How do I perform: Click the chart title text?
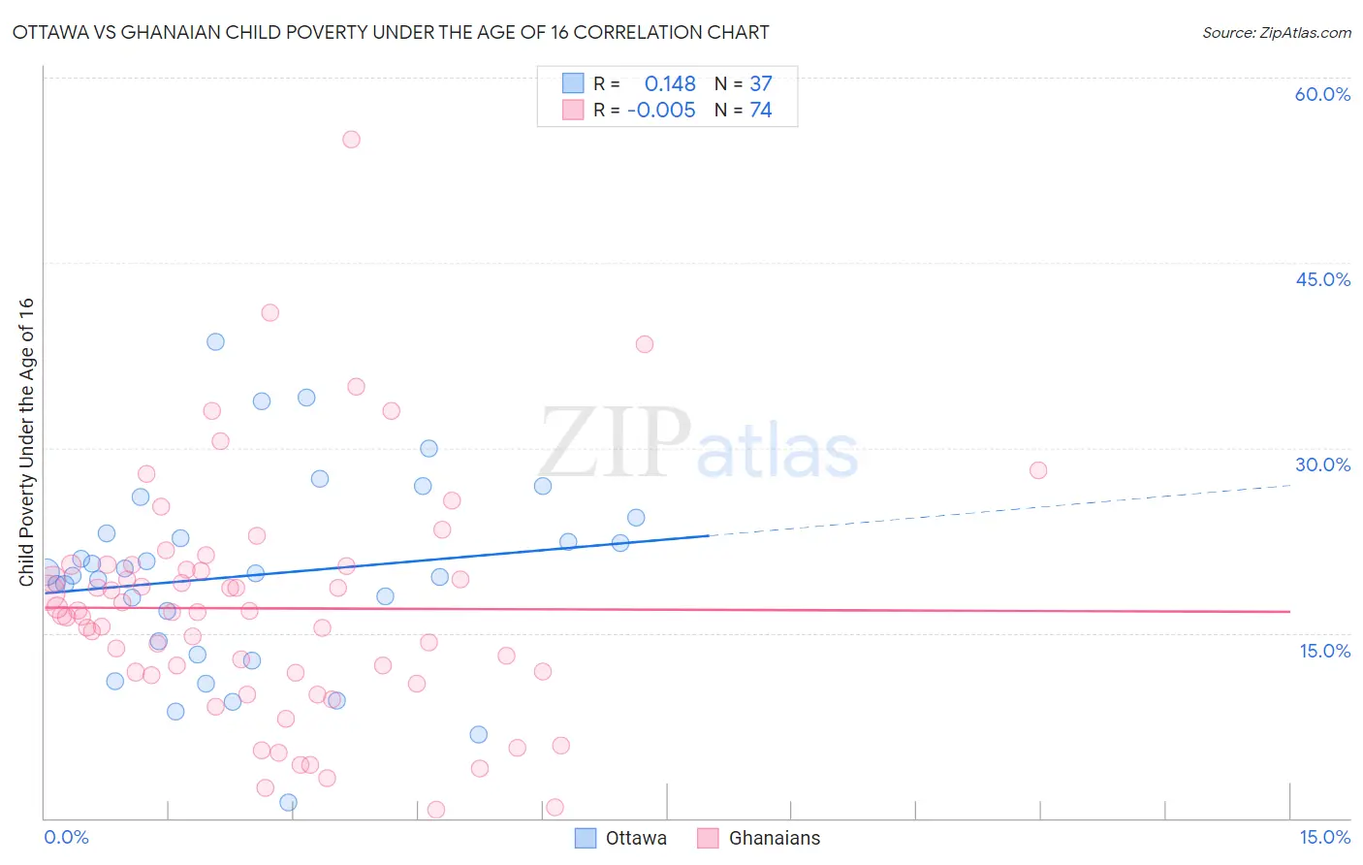pyautogui.click(x=390, y=32)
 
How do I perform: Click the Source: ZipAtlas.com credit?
pyautogui.click(x=1276, y=32)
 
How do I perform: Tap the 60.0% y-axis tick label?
pyautogui.click(x=1322, y=94)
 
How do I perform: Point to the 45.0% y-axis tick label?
pyautogui.click(x=1322, y=279)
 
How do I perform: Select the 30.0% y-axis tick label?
pyautogui.click(x=1322, y=465)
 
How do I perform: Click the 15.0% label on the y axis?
pyautogui.click(x=1324, y=651)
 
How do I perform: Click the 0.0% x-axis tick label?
pyautogui.click(x=66, y=837)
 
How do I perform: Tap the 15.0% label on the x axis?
pyautogui.click(x=1324, y=837)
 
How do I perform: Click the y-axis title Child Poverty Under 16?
pyautogui.click(x=26, y=441)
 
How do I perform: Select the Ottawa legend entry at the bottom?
pyautogui.click(x=621, y=838)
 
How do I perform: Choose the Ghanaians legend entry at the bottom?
pyautogui.click(x=759, y=838)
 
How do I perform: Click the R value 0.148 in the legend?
pyautogui.click(x=670, y=84)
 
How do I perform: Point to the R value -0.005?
pyautogui.click(x=661, y=110)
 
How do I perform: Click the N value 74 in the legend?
pyautogui.click(x=761, y=110)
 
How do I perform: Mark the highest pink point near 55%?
pyautogui.click(x=351, y=140)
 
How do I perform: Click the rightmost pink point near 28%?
pyautogui.click(x=1038, y=470)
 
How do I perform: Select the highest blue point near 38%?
pyautogui.click(x=215, y=341)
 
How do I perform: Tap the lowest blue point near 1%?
pyautogui.click(x=288, y=802)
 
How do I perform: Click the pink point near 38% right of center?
pyautogui.click(x=645, y=344)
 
